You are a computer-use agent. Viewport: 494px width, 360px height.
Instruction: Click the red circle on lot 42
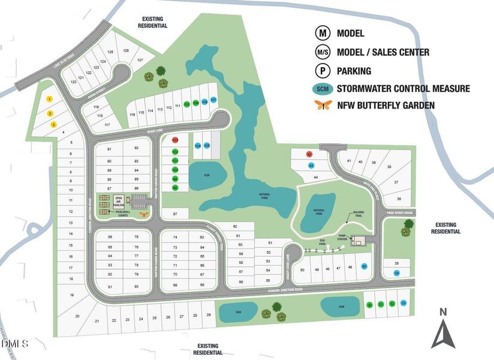coord(309,155)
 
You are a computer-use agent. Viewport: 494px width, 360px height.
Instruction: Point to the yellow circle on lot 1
coord(50,98)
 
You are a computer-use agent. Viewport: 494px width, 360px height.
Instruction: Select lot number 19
coord(72,295)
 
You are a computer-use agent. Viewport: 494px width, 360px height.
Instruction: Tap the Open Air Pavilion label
coord(119,200)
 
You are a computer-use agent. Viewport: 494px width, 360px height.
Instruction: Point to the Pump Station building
coord(359,240)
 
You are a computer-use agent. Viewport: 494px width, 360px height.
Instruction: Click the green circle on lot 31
coord(381,304)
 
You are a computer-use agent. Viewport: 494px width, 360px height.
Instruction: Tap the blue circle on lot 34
coord(397,274)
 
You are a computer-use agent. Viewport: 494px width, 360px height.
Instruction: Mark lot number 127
coord(140,61)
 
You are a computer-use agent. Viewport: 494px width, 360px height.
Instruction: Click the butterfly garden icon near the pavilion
coord(142,213)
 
